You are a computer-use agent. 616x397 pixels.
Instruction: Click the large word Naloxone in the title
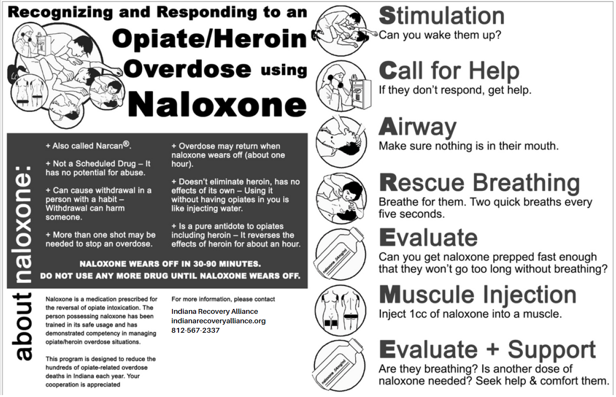217,104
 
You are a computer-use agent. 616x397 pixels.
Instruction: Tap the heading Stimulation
441,16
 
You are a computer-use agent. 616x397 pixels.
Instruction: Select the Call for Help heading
449,71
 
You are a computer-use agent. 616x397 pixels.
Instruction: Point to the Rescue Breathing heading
479,182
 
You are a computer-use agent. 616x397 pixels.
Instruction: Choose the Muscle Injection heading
478,295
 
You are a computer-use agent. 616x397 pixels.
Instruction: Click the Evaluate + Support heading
487,350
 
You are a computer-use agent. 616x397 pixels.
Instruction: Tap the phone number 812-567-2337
195,330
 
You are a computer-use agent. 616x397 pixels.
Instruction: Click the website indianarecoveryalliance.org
218,321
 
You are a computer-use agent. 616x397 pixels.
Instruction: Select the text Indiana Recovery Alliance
214,311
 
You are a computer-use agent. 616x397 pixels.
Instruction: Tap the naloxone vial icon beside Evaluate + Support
338,364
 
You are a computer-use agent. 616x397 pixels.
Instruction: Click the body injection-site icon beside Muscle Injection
338,309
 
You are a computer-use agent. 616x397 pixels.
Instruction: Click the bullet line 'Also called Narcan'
88,146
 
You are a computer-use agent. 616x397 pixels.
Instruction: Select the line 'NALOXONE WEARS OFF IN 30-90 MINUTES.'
170,264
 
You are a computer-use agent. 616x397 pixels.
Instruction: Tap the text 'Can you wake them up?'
439,35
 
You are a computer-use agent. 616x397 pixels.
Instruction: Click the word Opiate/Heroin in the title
210,39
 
